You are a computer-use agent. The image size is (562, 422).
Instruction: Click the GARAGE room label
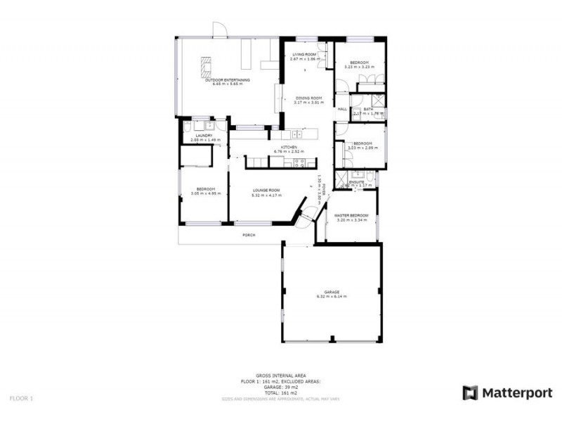(x=332, y=292)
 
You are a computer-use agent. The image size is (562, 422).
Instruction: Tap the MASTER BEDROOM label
(x=351, y=215)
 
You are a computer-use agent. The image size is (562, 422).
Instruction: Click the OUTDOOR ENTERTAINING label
(x=227, y=80)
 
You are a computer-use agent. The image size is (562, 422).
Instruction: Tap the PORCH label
(x=249, y=235)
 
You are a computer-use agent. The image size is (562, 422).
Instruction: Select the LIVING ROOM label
(x=304, y=54)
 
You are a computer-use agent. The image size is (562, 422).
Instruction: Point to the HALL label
(x=343, y=109)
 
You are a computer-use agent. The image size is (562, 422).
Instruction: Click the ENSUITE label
(x=358, y=181)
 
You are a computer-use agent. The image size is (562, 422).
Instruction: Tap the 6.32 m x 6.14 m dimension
(x=332, y=297)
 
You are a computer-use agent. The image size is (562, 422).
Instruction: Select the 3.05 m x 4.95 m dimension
(x=205, y=193)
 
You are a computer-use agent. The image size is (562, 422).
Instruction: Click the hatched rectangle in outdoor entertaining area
(x=206, y=67)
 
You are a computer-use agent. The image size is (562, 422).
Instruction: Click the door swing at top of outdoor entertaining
(x=220, y=31)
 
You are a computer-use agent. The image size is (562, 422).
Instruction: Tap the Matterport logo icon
(x=470, y=392)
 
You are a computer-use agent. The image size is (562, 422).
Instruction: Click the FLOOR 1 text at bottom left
(x=21, y=398)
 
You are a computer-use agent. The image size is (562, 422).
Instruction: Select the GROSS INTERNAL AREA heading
(x=280, y=376)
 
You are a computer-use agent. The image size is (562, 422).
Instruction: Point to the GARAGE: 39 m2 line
(x=280, y=387)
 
